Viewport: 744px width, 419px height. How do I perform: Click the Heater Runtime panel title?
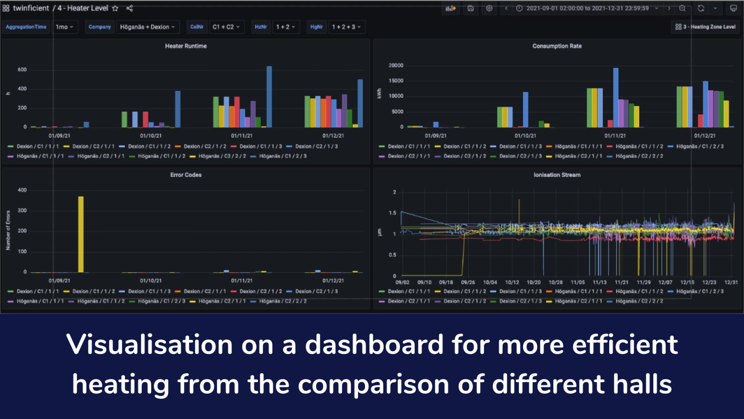point(186,46)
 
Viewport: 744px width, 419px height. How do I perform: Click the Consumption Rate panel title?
point(557,46)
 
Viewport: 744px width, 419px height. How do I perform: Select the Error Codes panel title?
point(186,175)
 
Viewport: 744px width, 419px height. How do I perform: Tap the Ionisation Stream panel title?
point(557,175)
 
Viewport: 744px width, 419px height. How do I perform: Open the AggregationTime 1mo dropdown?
point(64,27)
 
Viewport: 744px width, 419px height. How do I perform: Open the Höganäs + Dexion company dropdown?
point(147,27)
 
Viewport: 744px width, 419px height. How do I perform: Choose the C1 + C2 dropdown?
point(226,27)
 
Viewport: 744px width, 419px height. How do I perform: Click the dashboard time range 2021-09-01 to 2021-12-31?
point(587,8)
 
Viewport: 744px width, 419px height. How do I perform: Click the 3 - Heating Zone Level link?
point(706,27)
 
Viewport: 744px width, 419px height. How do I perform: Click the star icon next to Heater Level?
point(115,8)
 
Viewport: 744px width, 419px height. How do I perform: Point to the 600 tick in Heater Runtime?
point(22,70)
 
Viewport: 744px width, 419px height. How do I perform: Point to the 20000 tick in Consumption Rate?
point(396,66)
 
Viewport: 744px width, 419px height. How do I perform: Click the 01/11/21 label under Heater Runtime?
point(242,136)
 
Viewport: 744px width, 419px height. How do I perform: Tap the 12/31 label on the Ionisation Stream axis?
point(731,283)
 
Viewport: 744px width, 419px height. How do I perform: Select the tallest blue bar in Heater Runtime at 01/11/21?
point(269,96)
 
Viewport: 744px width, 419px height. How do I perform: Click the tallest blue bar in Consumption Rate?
point(616,97)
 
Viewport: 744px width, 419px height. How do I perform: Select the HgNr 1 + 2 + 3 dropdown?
point(346,27)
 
